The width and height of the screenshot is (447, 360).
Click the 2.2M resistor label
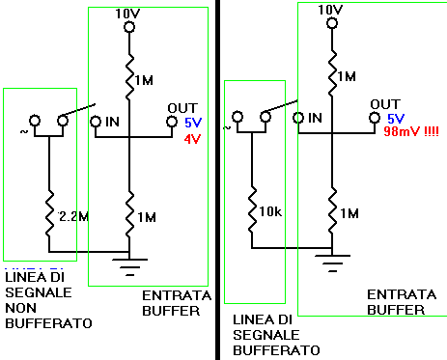coord(73,216)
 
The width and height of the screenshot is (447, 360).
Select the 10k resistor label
coord(270,211)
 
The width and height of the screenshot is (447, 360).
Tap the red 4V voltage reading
coord(192,139)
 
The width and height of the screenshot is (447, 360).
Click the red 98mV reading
coord(411,131)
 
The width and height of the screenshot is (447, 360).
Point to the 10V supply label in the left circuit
coord(127,14)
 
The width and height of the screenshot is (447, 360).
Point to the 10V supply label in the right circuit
coord(330,10)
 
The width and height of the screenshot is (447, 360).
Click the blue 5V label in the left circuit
coord(193,123)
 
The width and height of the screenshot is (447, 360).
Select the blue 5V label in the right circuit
coord(396,119)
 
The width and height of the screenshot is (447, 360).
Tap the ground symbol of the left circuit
coord(129,267)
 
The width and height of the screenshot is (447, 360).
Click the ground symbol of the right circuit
coord(332,263)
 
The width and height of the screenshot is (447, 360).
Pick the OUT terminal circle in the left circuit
coord(172,122)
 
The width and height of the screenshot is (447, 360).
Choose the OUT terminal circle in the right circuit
coord(375,118)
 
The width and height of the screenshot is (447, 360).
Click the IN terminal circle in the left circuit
coord(96,122)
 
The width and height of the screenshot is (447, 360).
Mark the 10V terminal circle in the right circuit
coord(332,23)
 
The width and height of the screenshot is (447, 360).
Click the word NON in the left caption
coord(21,308)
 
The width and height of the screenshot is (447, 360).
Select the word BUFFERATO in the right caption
coord(276,350)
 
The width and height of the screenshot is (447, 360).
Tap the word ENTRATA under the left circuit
coord(177,295)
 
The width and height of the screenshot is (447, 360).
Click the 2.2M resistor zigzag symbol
coord(49,214)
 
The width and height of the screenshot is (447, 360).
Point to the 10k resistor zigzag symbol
coord(252,209)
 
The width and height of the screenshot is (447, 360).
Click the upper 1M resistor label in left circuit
coord(144,80)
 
